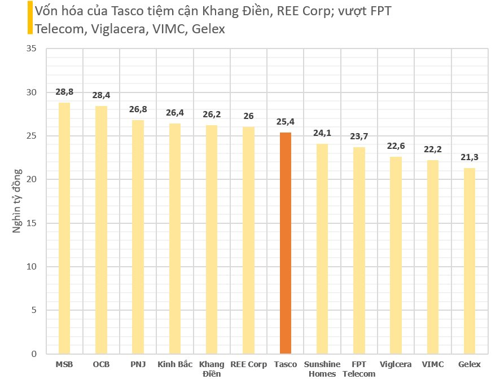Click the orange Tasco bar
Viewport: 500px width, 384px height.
point(286,243)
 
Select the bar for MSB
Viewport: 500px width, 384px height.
point(64,228)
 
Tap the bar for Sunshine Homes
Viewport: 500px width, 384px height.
point(322,249)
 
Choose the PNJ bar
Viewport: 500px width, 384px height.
point(138,237)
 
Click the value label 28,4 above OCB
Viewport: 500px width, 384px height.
point(101,95)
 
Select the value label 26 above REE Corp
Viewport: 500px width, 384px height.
point(248,116)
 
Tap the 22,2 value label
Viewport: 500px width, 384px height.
point(433,149)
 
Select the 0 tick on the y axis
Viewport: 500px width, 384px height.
point(34,354)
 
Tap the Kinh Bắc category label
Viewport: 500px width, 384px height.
point(174,364)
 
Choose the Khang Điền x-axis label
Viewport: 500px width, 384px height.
point(212,369)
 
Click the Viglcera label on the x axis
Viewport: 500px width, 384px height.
point(396,364)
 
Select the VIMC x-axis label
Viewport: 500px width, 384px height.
point(433,364)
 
